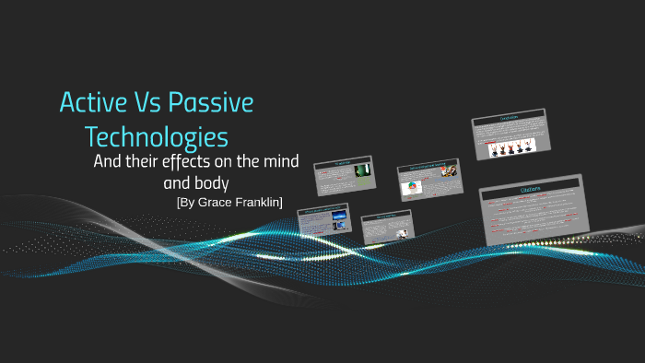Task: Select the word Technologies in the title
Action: (x=156, y=137)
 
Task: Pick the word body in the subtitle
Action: (x=209, y=181)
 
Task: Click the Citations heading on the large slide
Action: (x=530, y=189)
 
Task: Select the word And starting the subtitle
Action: (x=108, y=162)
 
